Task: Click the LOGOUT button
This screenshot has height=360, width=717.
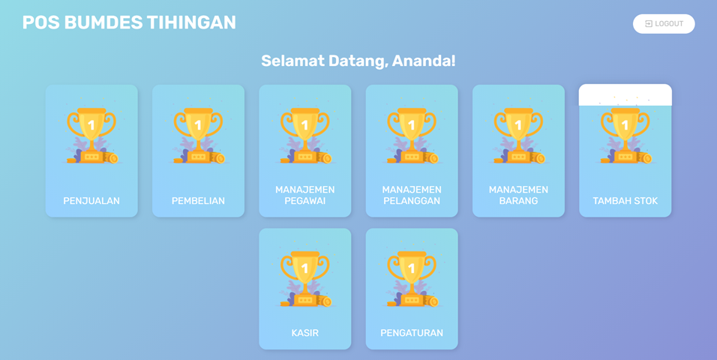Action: [x=664, y=24]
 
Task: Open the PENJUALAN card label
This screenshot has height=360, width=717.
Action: [x=91, y=201]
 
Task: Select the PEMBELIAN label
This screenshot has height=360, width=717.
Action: [x=198, y=201]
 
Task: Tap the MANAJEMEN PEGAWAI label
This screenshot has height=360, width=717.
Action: [x=305, y=195]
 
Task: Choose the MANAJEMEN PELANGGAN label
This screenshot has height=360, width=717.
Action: [x=412, y=195]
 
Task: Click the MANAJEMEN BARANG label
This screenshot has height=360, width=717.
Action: [x=518, y=195]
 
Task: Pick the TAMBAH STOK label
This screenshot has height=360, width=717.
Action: [x=625, y=201]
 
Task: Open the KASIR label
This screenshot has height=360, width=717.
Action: [x=305, y=333]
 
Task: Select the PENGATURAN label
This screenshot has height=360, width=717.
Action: [x=412, y=333]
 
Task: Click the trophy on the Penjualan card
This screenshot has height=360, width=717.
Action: [x=91, y=136]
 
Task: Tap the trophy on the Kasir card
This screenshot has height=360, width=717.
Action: [x=305, y=279]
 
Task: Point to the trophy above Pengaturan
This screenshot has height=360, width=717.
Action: [x=412, y=279]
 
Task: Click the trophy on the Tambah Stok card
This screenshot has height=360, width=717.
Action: [x=625, y=136]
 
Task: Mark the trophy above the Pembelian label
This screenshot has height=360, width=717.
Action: [x=198, y=136]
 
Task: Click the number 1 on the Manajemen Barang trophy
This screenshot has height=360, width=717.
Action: [x=518, y=125]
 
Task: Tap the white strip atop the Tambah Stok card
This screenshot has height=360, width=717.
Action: [x=625, y=95]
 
